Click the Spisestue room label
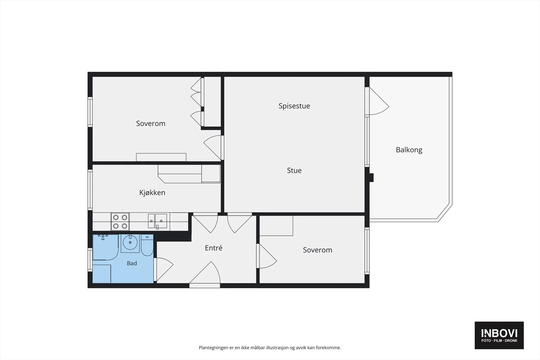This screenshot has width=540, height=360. (x=294, y=106)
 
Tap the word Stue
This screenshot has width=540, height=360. (x=294, y=170)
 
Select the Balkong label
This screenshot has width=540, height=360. (x=409, y=150)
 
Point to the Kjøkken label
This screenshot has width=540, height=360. (x=152, y=193)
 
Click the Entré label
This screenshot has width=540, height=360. (x=214, y=248)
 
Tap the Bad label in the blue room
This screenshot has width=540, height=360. (x=132, y=264)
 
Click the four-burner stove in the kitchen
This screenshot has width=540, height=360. (x=120, y=222)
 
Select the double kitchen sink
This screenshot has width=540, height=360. (x=157, y=221)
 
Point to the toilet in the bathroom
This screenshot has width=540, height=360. (x=147, y=245)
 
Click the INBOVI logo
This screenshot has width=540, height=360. (x=499, y=335)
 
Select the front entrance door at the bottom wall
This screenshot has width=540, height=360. (x=205, y=274)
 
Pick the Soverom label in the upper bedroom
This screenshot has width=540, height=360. (x=151, y=123)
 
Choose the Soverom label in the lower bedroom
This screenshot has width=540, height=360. (x=318, y=250)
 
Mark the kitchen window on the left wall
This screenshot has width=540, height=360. (x=90, y=190)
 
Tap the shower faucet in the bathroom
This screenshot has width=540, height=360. (x=103, y=237)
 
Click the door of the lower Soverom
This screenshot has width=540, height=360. (x=267, y=256)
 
